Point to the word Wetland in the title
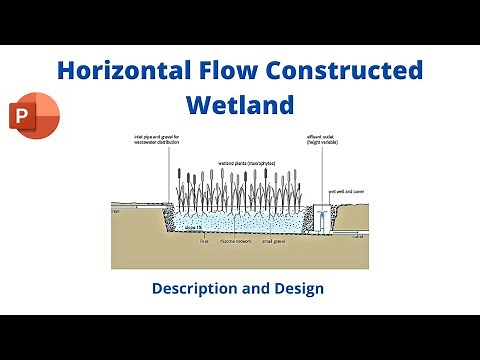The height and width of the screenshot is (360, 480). [x=240, y=104]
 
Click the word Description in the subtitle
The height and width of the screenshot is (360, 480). [x=199, y=288]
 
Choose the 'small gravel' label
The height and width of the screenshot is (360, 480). [x=275, y=241]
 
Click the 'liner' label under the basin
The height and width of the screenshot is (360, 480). [x=204, y=241]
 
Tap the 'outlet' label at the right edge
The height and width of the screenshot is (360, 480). [x=359, y=237]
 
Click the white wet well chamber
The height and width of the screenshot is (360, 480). [x=321, y=217]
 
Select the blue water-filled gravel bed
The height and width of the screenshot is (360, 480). [x=240, y=222]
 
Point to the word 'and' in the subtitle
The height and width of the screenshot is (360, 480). [x=258, y=288]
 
